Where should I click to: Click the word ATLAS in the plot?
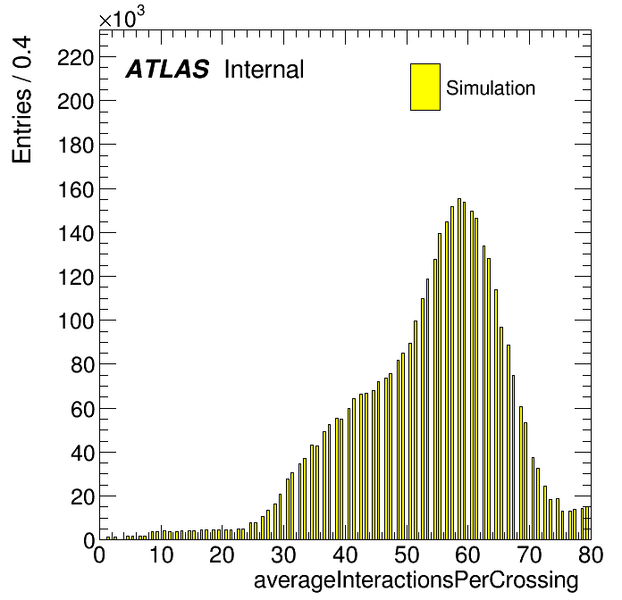167,69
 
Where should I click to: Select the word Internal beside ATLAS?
265,69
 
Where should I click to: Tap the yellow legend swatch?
425,87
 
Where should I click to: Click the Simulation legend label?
491,87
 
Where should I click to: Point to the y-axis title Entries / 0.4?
21,99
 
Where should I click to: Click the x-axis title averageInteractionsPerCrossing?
416,580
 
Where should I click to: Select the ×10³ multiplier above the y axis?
122,18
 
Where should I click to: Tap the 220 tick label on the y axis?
76,58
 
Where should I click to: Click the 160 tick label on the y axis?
76,190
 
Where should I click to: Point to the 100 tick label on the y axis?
76,321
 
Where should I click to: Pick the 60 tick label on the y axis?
82,409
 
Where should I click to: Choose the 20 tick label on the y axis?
82,496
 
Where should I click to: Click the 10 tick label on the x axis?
161,554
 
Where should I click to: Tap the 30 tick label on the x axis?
283,554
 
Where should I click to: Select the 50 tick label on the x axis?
407,554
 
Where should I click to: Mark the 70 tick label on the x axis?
530,554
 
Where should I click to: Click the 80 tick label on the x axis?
591,554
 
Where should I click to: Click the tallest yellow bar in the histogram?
459,369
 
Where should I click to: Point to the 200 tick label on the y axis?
76,103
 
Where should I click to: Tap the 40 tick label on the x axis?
345,554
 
